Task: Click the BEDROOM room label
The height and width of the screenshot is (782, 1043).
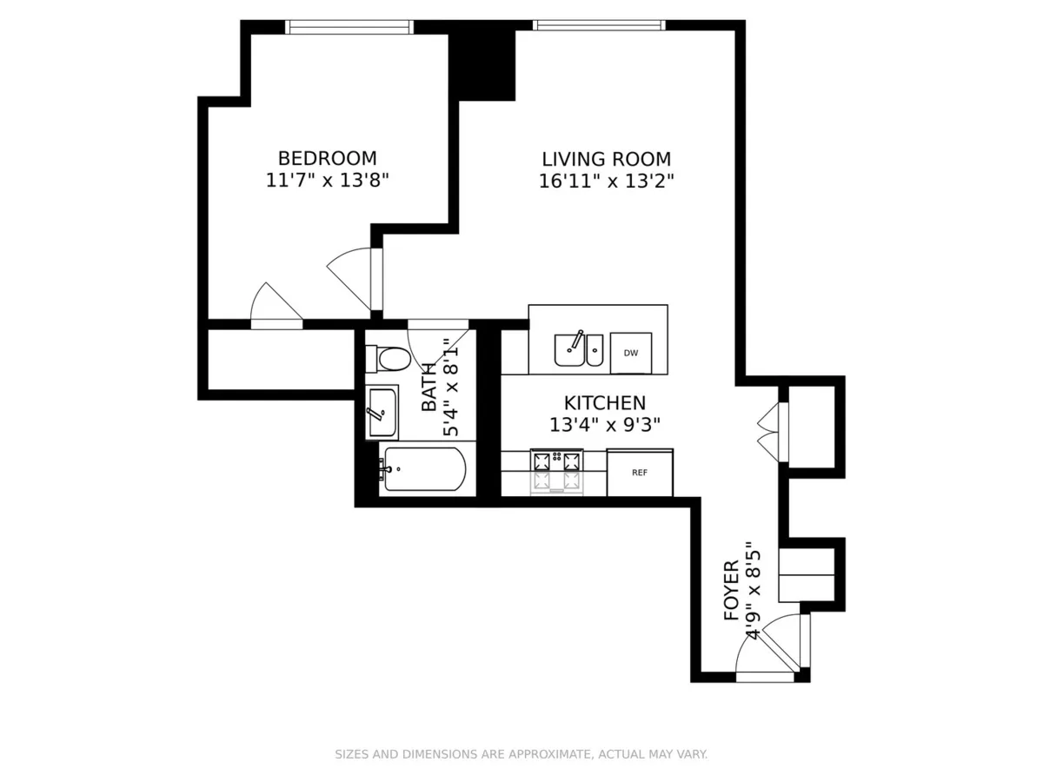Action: [x=327, y=158]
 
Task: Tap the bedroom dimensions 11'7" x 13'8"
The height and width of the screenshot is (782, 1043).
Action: [x=327, y=181]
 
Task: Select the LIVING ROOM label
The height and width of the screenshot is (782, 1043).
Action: [x=606, y=159]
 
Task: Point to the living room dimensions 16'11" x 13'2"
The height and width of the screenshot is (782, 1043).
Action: [x=606, y=181]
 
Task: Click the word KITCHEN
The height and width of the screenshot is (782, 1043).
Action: [x=604, y=403]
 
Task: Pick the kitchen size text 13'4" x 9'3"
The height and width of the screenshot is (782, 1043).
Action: [x=604, y=425]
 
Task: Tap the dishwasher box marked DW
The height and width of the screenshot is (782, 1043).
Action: [x=631, y=352]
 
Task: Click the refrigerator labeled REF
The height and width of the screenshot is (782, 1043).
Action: [x=640, y=473]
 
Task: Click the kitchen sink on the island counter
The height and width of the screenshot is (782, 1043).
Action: [x=571, y=349]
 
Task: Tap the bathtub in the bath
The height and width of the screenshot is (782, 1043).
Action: [x=424, y=469]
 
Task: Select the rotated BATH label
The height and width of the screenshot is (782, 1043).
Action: [x=429, y=393]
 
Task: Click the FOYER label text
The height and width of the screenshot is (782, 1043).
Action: [x=732, y=591]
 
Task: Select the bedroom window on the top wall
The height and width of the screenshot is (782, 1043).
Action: [x=349, y=27]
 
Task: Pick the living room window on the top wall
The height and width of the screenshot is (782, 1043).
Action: [x=601, y=25]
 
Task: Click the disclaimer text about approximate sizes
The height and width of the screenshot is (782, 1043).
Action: [x=521, y=754]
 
